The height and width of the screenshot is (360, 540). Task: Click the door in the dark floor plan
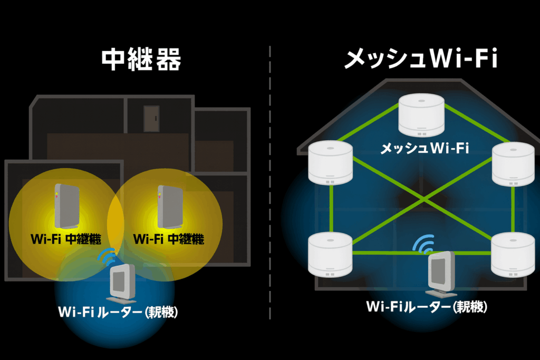(x=151, y=119)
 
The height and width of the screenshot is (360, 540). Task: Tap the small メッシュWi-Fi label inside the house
(x=425, y=149)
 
